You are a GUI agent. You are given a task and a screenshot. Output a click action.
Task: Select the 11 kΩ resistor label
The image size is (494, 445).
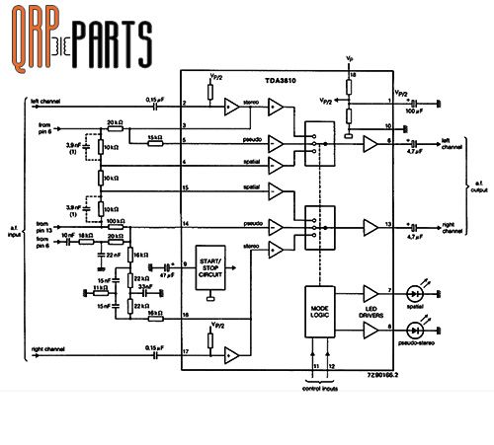point(100,287)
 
